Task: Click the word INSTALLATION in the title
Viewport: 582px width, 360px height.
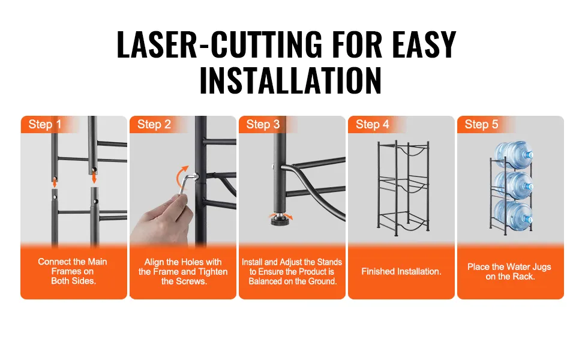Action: [x=290, y=80]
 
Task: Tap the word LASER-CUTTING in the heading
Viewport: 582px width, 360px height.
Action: [x=220, y=44]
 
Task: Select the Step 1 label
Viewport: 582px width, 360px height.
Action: [x=45, y=124]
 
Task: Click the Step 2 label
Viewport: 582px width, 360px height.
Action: [x=154, y=124]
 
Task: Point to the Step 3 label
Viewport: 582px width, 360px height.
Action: [x=263, y=124]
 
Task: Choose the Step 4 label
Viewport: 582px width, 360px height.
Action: [x=372, y=124]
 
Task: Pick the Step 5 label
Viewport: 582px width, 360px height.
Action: [x=481, y=124]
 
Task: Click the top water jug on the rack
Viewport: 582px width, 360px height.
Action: [x=514, y=154]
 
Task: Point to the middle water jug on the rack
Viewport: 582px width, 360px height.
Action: [x=514, y=184]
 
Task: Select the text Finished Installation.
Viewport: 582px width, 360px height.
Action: [x=401, y=272]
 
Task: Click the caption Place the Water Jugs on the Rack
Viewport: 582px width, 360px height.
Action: [x=509, y=272]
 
